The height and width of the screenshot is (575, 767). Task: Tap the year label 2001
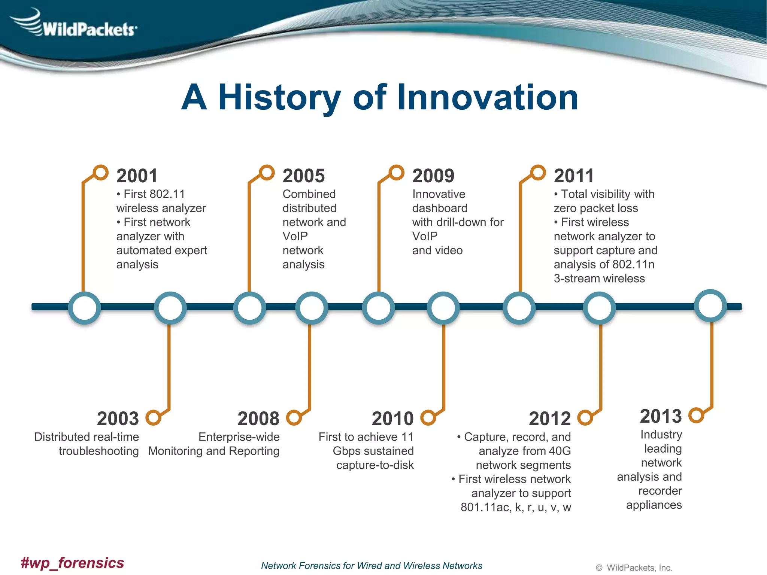(x=137, y=176)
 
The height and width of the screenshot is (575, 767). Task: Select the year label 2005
(x=303, y=176)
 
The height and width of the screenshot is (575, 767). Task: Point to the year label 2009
(x=433, y=176)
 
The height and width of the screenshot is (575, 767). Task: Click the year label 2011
(x=574, y=176)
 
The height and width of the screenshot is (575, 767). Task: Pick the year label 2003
(x=118, y=419)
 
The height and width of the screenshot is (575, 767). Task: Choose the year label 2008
(x=258, y=419)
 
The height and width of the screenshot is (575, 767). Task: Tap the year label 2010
(x=392, y=419)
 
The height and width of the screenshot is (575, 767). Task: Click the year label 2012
(x=550, y=419)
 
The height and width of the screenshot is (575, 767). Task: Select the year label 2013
(x=661, y=416)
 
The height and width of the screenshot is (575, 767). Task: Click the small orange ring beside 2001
(x=101, y=173)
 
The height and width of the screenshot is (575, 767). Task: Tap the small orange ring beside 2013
(x=696, y=415)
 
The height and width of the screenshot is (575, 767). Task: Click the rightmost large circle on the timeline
(x=710, y=305)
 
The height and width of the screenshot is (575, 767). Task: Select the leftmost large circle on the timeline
(x=85, y=308)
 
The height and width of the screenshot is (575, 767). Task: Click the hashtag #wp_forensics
(x=72, y=563)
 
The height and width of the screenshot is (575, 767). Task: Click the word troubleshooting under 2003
(x=98, y=451)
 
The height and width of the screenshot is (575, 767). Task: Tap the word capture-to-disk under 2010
(x=375, y=465)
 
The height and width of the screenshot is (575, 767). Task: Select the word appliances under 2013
(x=654, y=505)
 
